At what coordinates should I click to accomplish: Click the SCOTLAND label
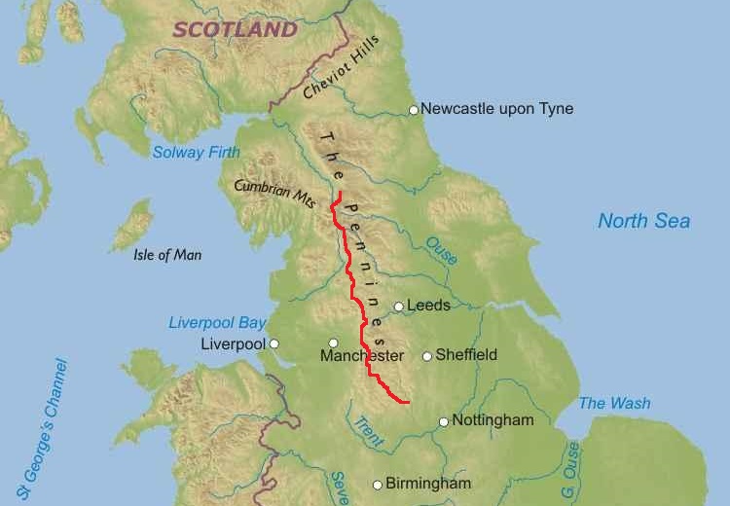point(235,29)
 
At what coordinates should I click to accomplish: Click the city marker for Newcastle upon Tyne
point(414,110)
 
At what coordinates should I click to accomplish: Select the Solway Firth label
point(196,152)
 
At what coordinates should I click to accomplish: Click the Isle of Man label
point(167,255)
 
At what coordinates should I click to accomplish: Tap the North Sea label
point(643,221)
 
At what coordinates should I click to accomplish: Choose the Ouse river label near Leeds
point(441,251)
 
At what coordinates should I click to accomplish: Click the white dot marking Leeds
point(398,307)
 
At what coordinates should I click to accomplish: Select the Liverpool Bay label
point(217,322)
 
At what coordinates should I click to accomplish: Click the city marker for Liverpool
point(274,343)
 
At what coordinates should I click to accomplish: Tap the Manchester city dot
point(333,343)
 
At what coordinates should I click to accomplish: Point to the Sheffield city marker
point(426,356)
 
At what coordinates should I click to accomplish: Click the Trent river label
point(368,429)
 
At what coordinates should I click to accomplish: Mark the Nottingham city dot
point(444,421)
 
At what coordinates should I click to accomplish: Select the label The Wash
point(614,403)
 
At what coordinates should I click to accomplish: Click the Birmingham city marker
point(378,485)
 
